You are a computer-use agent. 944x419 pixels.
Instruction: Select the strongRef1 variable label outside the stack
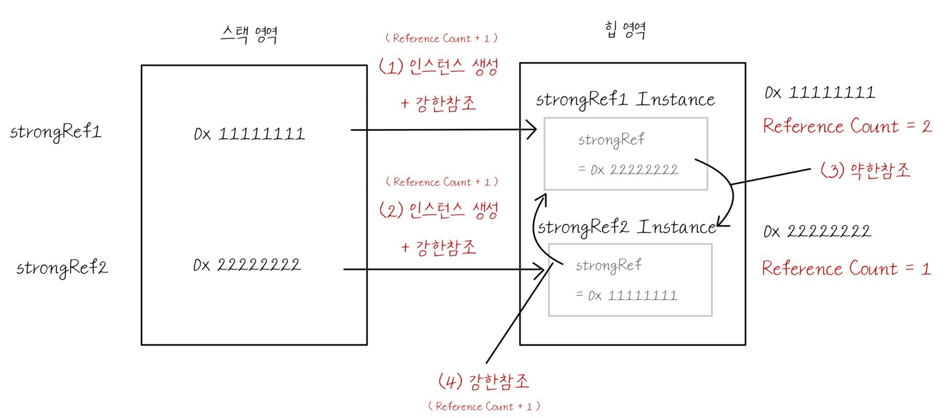[56, 132]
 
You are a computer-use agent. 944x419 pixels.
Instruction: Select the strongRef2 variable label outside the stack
[62, 268]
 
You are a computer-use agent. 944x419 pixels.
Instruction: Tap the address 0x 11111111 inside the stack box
[249, 134]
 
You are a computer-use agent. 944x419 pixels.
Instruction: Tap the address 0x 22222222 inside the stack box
[247, 265]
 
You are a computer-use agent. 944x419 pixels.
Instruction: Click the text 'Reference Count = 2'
[847, 126]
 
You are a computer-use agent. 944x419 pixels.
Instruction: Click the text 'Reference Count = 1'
[846, 268]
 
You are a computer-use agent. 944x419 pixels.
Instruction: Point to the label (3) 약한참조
[865, 171]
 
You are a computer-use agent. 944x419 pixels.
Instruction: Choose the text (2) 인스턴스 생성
[439, 210]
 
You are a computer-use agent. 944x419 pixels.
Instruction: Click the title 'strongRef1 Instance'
[625, 100]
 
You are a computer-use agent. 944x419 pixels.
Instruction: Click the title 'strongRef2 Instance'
[627, 227]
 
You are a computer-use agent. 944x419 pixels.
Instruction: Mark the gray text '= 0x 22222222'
[628, 170]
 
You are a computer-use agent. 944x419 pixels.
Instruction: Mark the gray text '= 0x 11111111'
[626, 295]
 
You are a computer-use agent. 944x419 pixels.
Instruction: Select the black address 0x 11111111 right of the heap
[819, 93]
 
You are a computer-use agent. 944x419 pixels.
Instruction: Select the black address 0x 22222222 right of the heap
[817, 231]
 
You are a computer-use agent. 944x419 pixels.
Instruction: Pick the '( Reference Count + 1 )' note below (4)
[484, 407]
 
